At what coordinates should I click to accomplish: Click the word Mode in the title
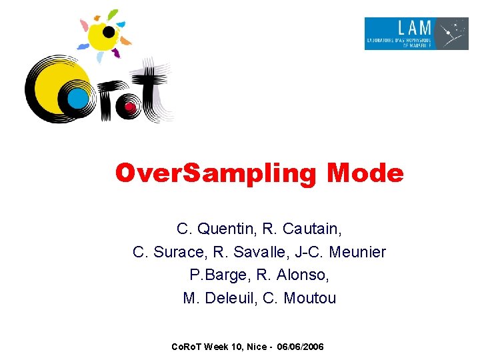[x=365, y=174]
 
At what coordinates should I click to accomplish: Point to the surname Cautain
[x=312, y=229]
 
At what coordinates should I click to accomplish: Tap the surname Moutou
[x=309, y=298]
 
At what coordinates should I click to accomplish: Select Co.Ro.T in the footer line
[x=187, y=347]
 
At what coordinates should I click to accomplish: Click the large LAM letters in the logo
[x=415, y=29]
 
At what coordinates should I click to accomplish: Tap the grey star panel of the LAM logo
[x=453, y=33]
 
